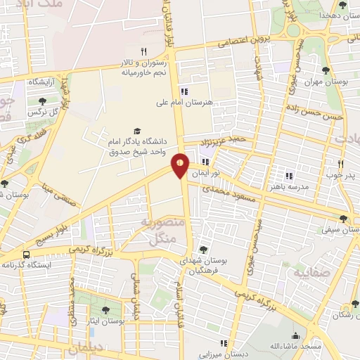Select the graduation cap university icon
click(138, 131)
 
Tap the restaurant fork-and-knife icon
click(143, 51)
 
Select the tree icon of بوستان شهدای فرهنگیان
click(203, 249)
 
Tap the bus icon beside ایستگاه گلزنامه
click(25, 255)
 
